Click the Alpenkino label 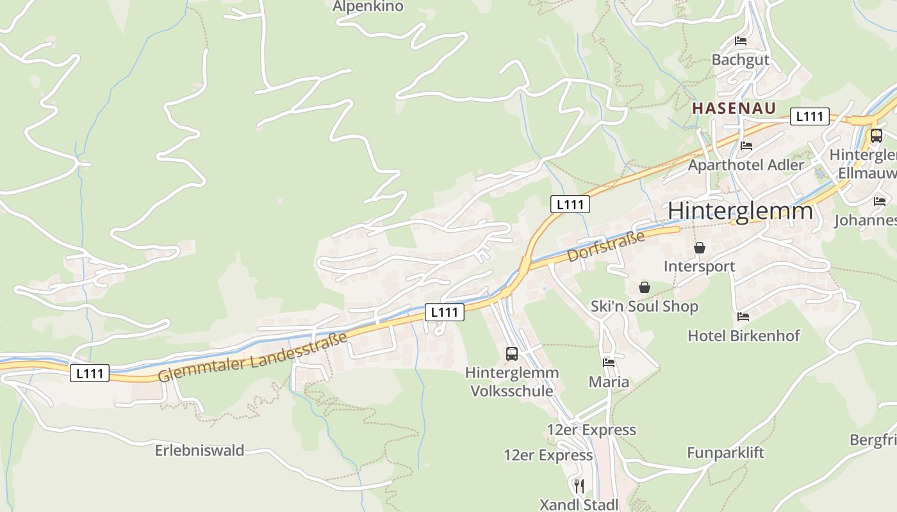[368, 6]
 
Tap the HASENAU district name [734, 108]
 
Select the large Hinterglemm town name [740, 211]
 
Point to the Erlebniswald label [199, 451]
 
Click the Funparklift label [725, 453]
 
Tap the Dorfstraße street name [605, 247]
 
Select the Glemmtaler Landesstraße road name [252, 357]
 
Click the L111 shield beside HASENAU [809, 116]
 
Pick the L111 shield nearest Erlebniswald [90, 374]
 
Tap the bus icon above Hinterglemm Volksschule [511, 353]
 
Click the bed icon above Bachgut [741, 42]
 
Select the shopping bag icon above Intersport [700, 248]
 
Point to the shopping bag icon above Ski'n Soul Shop [645, 288]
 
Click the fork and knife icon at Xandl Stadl [579, 486]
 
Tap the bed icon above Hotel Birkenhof [743, 317]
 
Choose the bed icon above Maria [609, 363]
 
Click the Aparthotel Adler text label [745, 165]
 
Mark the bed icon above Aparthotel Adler [746, 146]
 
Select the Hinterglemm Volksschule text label [511, 381]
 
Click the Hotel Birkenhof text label [743, 336]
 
